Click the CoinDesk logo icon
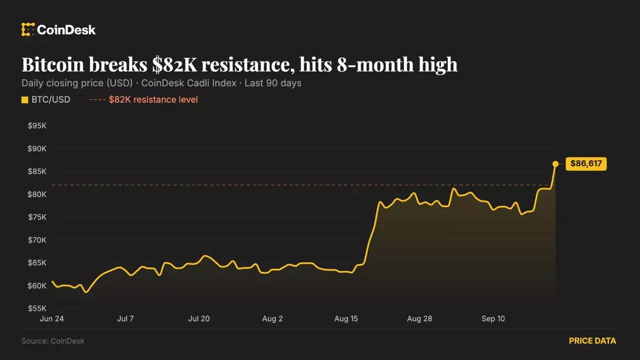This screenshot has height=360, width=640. click(x=28, y=29)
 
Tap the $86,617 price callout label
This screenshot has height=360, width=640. click(x=586, y=164)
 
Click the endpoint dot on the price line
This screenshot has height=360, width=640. click(x=555, y=164)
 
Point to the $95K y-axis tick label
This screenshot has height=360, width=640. click(x=37, y=126)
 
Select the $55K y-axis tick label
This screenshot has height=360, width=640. click(x=37, y=309)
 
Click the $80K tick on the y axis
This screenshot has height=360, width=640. click(x=37, y=194)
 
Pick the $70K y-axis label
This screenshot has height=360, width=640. click(x=37, y=240)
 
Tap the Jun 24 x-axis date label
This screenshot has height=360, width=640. click(x=52, y=319)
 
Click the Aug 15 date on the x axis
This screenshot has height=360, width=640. click(x=346, y=319)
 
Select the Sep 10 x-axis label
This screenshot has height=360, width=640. click(x=493, y=319)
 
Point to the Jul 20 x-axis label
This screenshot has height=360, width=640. click(x=199, y=319)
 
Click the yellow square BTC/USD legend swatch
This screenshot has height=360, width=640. click(x=25, y=100)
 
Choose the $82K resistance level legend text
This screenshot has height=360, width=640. click(x=153, y=100)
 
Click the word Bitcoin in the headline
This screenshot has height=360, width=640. click(x=53, y=65)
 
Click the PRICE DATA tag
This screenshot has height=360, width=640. click(x=592, y=341)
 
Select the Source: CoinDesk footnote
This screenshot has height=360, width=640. click(x=53, y=341)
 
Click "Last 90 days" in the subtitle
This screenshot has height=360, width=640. click(x=273, y=83)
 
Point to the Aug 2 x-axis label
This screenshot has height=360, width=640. click(x=272, y=319)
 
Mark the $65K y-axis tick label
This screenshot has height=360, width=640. click(x=37, y=263)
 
